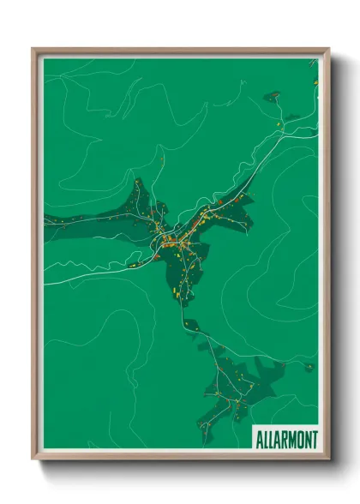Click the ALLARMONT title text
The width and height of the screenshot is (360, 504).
coord(286,440)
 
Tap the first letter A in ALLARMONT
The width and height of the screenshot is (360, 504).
coord(259,440)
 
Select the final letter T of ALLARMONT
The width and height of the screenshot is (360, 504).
coord(314,440)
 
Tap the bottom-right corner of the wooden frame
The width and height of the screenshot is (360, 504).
coord(327,459)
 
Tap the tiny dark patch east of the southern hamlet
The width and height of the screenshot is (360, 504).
coord(309,367)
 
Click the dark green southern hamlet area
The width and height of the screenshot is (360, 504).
coord(236,386)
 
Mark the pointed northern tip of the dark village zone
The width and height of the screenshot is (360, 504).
coord(136,181)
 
